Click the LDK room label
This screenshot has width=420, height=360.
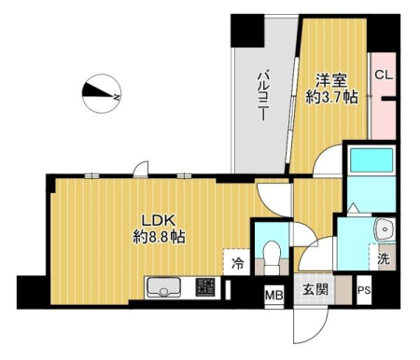point(159,220)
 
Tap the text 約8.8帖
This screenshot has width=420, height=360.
point(159,238)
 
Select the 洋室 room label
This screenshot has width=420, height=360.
point(331,81)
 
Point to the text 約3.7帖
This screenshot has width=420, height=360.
point(331,97)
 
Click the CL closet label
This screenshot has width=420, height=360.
point(384,75)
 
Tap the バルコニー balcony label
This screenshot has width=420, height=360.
point(263,96)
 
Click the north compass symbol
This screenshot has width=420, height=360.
point(102,93)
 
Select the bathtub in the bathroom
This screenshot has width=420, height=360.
point(371,159)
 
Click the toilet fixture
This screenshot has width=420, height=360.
point(272,256)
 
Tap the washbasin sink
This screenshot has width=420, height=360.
point(385,229)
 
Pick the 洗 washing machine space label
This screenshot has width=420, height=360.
point(384,258)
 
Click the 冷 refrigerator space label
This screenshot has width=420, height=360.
point(237,264)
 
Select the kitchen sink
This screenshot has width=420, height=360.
point(164,287)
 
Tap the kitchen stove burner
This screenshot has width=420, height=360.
point(205,287)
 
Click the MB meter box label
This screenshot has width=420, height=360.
point(274,295)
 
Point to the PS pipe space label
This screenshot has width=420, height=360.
point(364,290)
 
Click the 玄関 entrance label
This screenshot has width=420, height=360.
point(315,290)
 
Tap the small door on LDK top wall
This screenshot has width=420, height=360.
point(141,169)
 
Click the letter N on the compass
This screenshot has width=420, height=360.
point(117,97)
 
